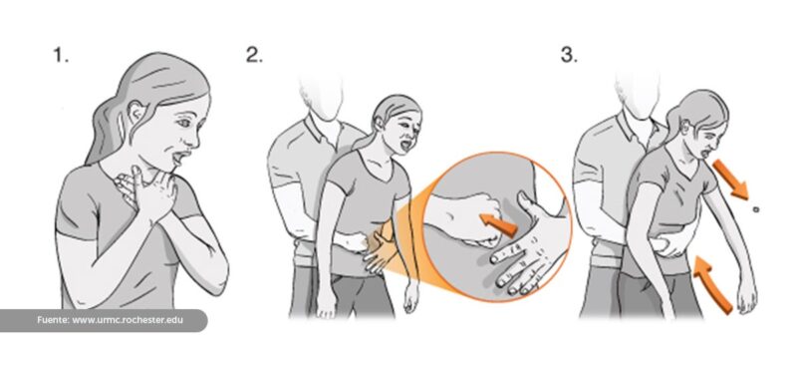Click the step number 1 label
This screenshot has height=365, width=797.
(61, 56)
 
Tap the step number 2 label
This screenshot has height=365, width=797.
(254, 56)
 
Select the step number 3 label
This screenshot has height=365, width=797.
(569, 56)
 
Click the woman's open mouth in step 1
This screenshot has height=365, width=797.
(178, 158)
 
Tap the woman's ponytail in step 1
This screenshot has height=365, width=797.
(105, 130)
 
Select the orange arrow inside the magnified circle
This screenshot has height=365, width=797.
(498, 225)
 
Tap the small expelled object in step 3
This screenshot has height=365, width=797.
(756, 208)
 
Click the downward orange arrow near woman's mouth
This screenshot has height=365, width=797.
(730, 180)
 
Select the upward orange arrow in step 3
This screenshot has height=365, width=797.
(712, 284)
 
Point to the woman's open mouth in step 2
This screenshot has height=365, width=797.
(404, 145)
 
